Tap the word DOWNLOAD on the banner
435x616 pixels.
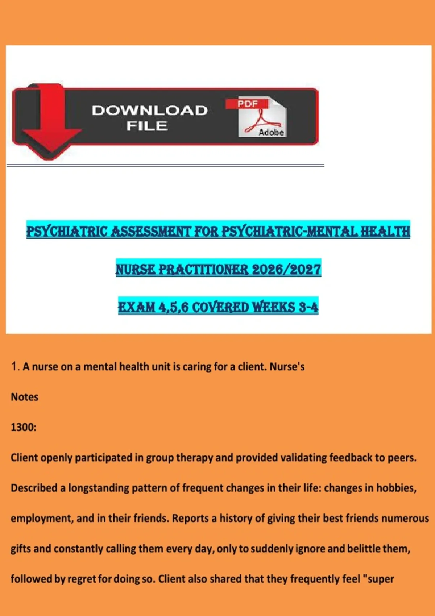click(x=149, y=111)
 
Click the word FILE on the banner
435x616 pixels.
click(x=147, y=126)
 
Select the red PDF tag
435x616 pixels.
click(x=248, y=104)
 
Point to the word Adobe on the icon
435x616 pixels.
click(x=271, y=133)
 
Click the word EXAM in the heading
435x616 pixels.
click(x=137, y=307)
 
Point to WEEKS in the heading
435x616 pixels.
click(x=274, y=307)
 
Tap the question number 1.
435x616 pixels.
click(x=15, y=367)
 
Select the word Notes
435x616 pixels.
click(x=24, y=397)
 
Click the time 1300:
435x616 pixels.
click(x=24, y=427)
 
